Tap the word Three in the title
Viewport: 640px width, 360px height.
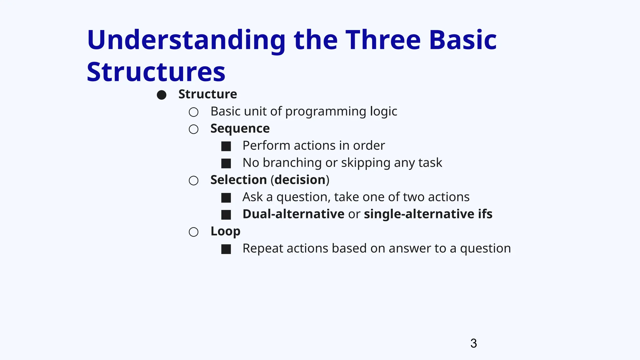tap(383, 40)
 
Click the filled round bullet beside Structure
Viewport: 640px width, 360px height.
tap(162, 95)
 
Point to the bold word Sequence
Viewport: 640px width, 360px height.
tap(240, 129)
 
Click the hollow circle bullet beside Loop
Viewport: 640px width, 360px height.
tap(194, 232)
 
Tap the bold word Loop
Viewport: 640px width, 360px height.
tap(225, 232)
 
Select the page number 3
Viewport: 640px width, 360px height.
tap(473, 343)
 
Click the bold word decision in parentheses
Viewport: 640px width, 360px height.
tap(300, 180)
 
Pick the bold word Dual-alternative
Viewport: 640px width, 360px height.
tap(293, 214)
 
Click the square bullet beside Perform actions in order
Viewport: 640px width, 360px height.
tap(226, 146)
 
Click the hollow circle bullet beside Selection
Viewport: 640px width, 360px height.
tap(194, 180)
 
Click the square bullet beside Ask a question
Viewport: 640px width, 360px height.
tap(226, 197)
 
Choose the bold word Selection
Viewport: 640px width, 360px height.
tap(238, 180)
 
